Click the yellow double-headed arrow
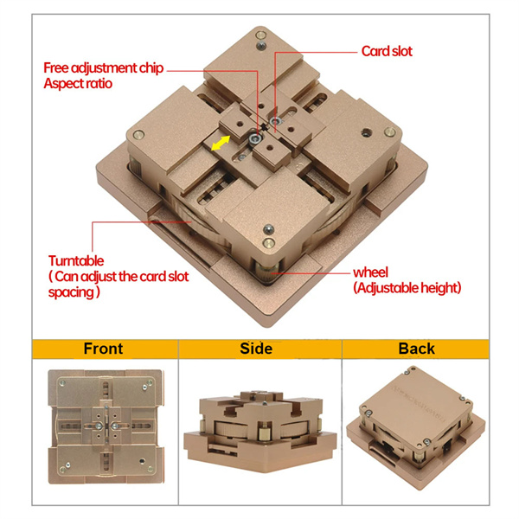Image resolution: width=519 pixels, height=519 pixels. coord(221,143)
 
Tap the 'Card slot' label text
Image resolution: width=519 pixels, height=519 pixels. coord(387,51)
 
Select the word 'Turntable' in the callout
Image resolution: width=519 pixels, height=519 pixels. coord(76,261)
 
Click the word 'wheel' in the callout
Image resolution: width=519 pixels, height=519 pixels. coord(370,272)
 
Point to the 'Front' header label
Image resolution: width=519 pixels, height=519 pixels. coord(103,349)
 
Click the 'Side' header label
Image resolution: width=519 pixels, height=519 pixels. coord(256,349)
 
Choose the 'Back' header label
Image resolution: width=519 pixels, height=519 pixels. coord(416,349)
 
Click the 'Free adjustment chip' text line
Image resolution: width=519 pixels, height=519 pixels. coord(104,67)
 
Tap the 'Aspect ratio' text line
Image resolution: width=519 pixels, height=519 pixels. coord(78,83)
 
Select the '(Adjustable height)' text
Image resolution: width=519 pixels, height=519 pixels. coord(407,288)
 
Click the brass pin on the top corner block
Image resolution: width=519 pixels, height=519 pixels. coord(261,35)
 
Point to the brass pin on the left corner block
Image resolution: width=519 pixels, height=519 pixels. coord(138,134)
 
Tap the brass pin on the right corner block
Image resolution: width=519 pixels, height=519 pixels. coord(389,132)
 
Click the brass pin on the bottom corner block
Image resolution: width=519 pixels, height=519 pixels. coord(268,243)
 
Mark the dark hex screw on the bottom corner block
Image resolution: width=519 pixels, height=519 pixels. coord(268,229)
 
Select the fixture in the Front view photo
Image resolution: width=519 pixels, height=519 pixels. coord(106,426)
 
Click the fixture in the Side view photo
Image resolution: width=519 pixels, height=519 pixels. coord(260,432)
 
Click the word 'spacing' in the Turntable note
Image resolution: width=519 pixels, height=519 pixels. coord(71,292)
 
